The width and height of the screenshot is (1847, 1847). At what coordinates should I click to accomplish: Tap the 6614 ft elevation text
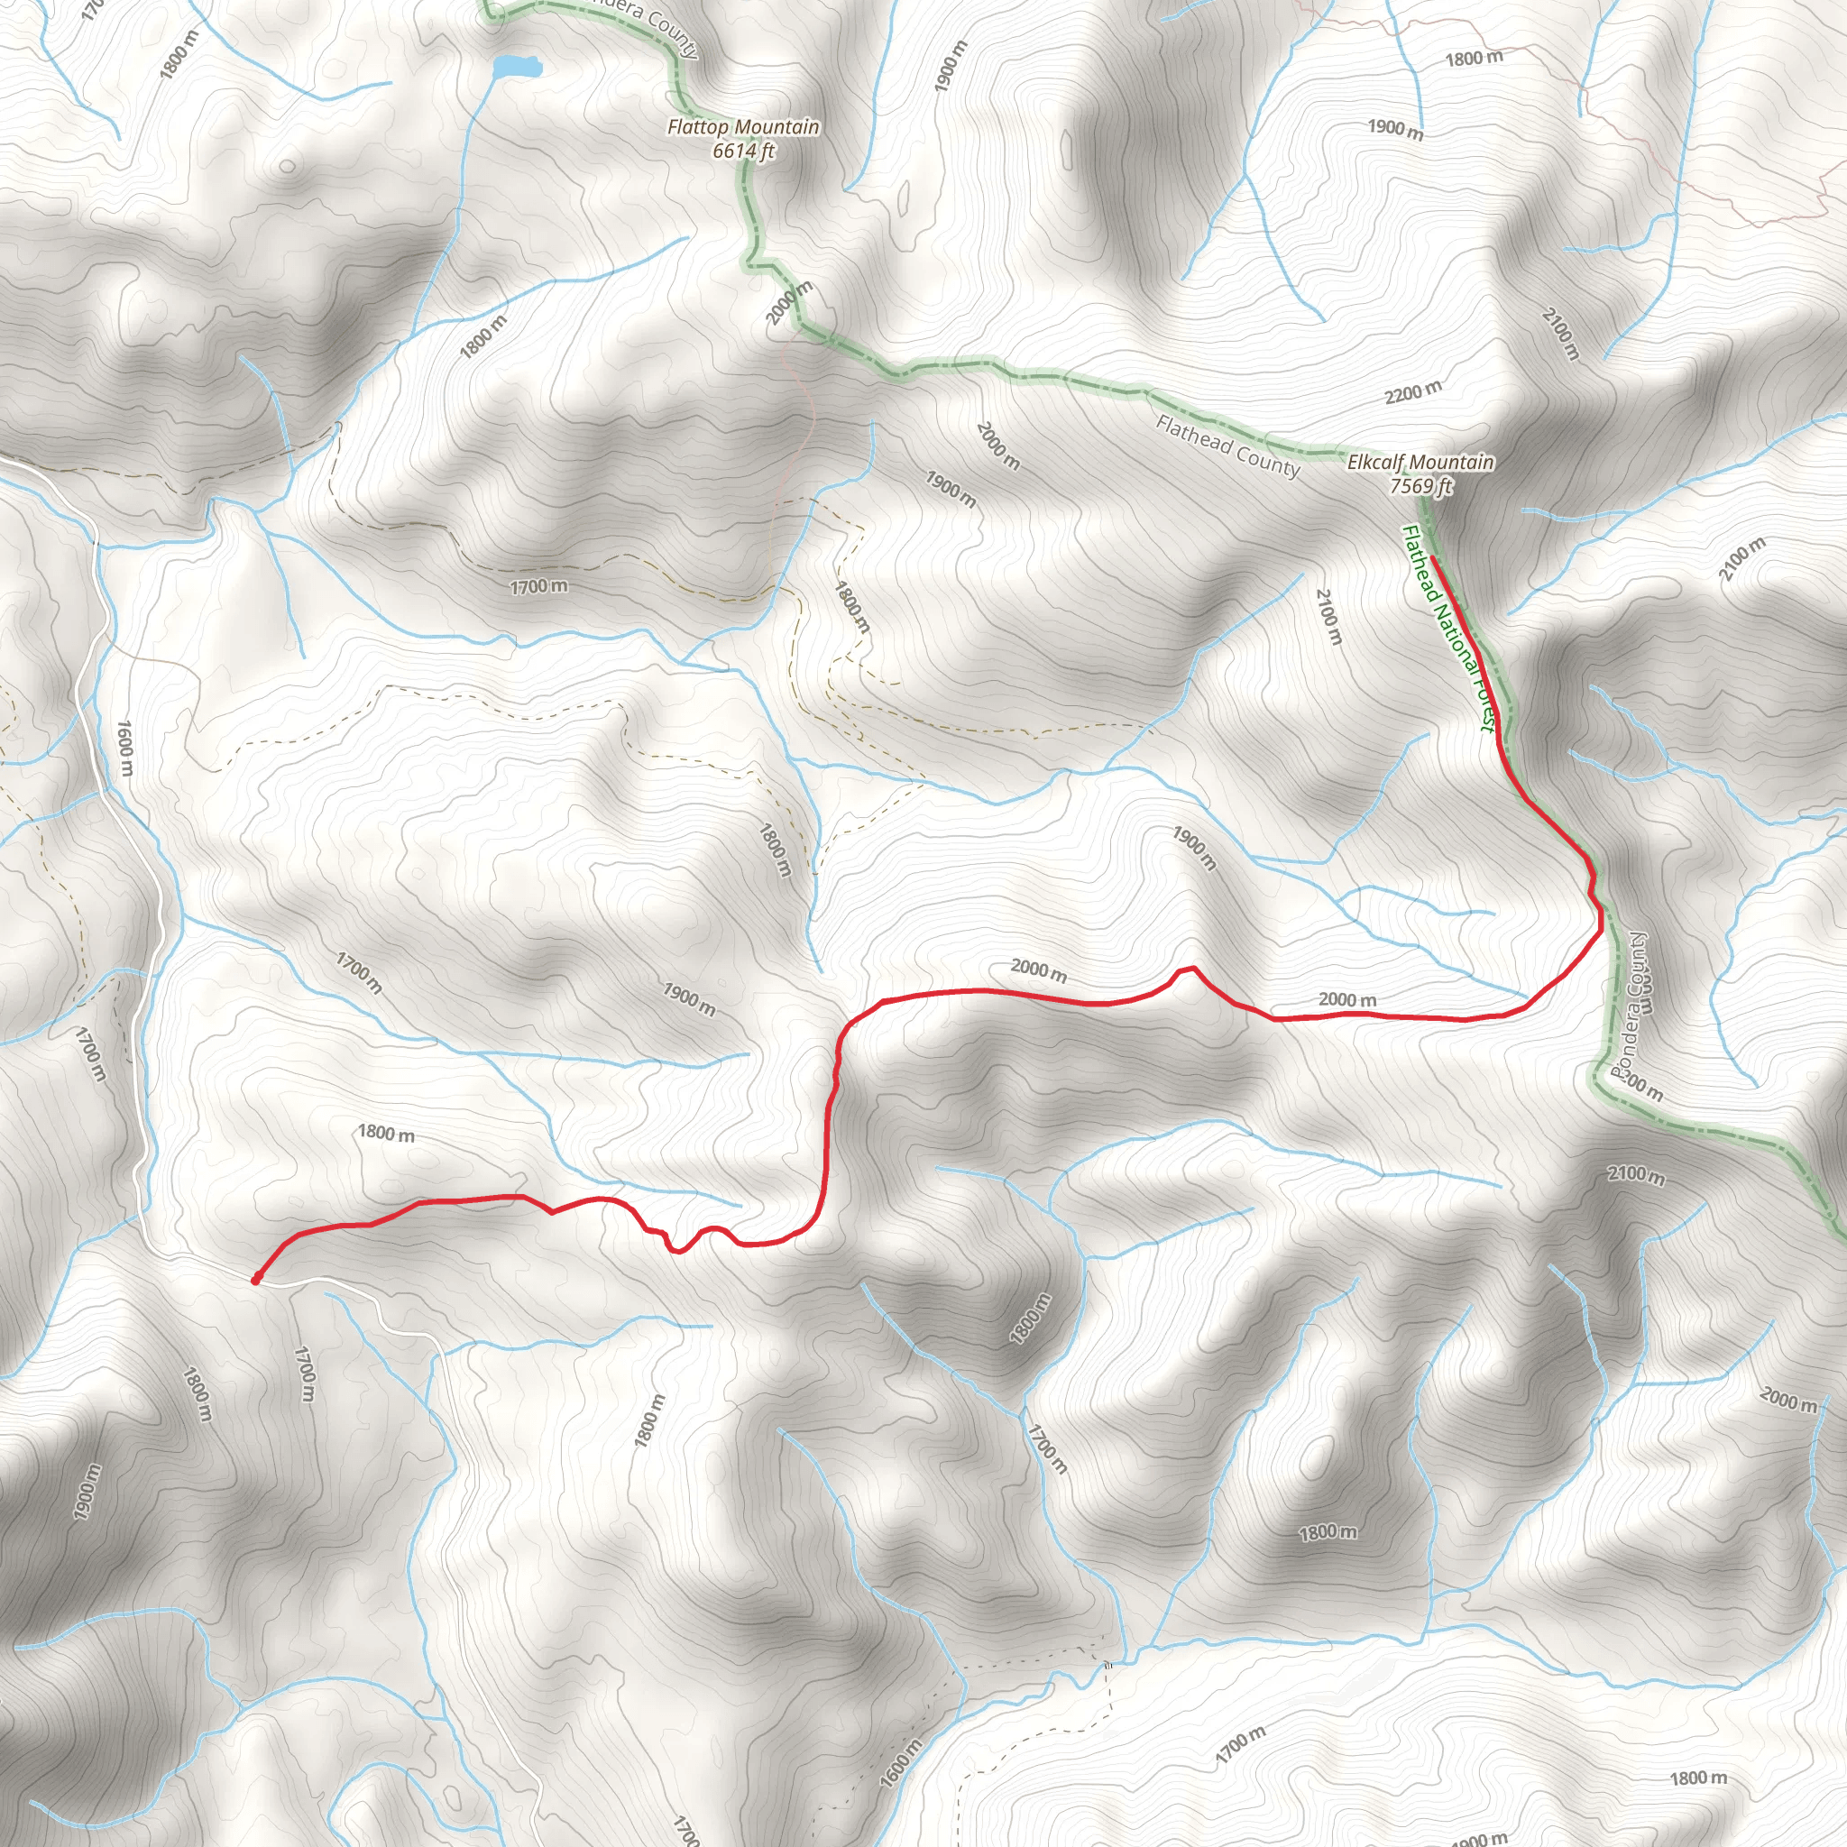[x=743, y=150]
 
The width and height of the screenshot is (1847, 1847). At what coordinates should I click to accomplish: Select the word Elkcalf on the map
[x=1375, y=463]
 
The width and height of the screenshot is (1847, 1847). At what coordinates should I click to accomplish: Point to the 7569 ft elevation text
[x=1420, y=486]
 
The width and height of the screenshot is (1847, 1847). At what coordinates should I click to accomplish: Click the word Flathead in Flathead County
[x=1193, y=435]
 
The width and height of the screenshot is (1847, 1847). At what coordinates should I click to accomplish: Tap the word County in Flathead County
[x=1270, y=462]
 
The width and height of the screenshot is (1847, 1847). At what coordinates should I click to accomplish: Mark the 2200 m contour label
[x=1413, y=392]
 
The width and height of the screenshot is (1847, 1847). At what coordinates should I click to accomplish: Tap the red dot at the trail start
[x=255, y=1279]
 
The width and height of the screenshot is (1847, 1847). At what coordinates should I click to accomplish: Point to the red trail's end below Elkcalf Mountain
[x=1434, y=557]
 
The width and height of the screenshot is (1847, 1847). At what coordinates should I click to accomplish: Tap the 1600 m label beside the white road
[x=125, y=748]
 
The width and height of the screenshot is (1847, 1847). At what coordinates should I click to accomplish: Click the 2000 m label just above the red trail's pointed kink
[x=1038, y=970]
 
